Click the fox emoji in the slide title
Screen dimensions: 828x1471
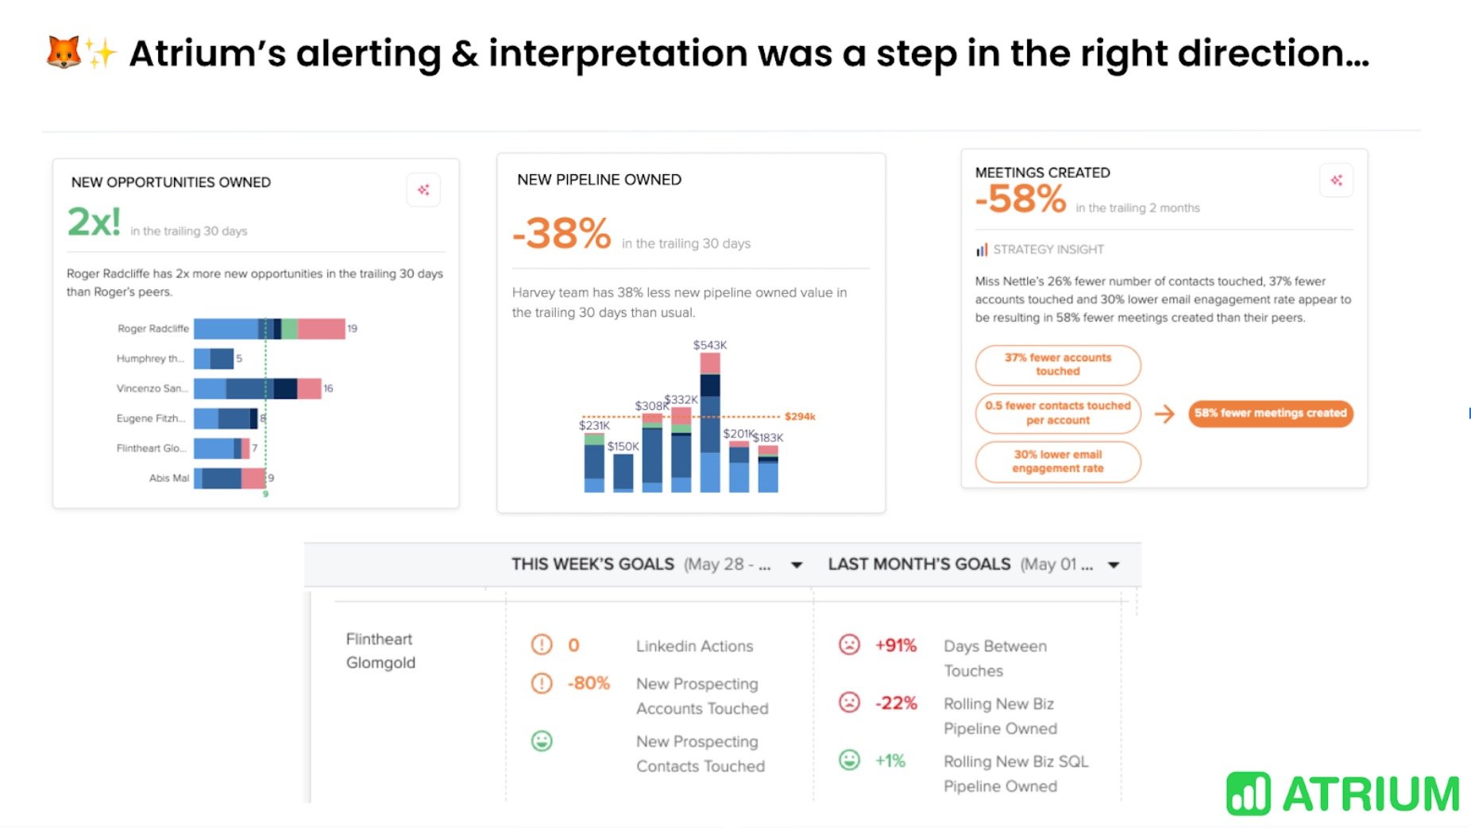pos(64,52)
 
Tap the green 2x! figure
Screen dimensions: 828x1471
pos(94,222)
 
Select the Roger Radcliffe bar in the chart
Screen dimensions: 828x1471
pos(268,328)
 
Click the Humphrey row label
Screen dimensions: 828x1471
pos(150,358)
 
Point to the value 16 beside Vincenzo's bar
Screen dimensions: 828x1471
pos(328,389)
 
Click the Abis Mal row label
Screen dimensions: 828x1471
pos(168,478)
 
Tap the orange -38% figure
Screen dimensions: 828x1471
pos(562,234)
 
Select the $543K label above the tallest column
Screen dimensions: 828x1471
pos(709,345)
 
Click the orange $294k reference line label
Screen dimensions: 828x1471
pos(799,416)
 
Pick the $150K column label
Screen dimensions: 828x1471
pos(623,447)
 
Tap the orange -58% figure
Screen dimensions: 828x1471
pos(1021,199)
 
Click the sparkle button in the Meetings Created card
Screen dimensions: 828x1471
pos(1336,180)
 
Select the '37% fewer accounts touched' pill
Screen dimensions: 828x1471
pos(1057,365)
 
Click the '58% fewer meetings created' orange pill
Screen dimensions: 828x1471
pos(1270,413)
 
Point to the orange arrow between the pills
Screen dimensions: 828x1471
pos(1164,413)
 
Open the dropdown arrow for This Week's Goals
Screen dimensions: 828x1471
pos(796,565)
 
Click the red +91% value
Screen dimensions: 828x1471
pos(895,645)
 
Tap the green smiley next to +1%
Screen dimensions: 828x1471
pos(849,760)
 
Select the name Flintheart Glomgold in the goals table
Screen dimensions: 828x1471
pos(380,650)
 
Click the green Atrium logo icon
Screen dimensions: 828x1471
pos(1248,794)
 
